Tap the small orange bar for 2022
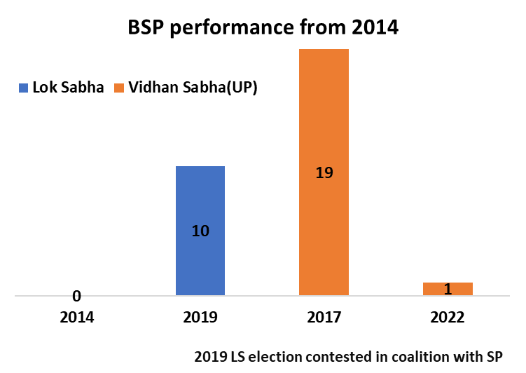click(x=448, y=289)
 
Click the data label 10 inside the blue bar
click(x=200, y=230)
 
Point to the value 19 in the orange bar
click(x=324, y=172)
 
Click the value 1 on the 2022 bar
click(x=448, y=289)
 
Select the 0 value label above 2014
click(x=76, y=296)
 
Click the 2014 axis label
click(x=76, y=318)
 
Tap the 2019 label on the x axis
click(x=200, y=318)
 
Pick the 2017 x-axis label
click(x=324, y=318)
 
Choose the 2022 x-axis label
click(x=448, y=318)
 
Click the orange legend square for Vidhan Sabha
click(x=119, y=88)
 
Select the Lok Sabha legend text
click(x=69, y=88)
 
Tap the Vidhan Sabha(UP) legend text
click(x=193, y=88)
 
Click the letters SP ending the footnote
click(x=494, y=355)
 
